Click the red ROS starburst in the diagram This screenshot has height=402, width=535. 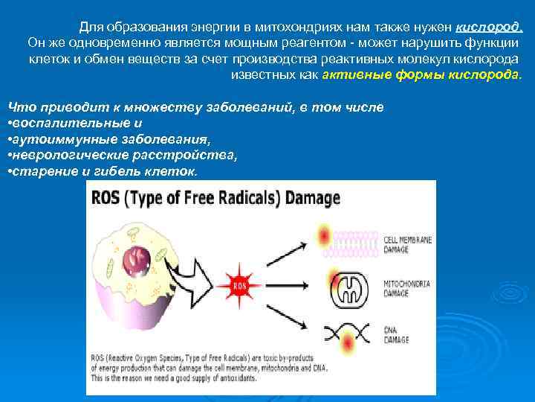(240, 284)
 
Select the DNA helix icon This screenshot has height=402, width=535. (346, 332)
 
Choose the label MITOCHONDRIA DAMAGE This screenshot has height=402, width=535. (407, 290)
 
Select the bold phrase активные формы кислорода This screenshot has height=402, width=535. (422, 76)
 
